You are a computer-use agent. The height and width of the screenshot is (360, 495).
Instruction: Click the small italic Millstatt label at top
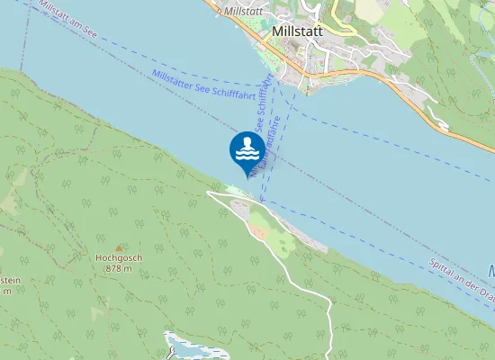(x=242, y=11)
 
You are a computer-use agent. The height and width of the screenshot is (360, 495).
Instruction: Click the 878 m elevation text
(x=119, y=268)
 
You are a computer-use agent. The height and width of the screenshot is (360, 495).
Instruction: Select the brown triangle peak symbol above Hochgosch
(x=118, y=247)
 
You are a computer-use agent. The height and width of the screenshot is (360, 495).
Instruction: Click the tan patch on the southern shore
(x=258, y=231)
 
